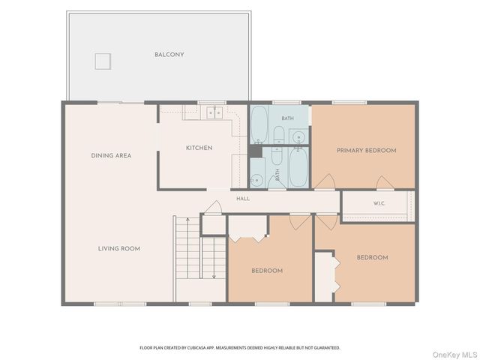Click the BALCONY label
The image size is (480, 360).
pyautogui.click(x=169, y=55)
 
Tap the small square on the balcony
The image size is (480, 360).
pyautogui.click(x=103, y=61)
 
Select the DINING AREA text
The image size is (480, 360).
pyautogui.click(x=111, y=155)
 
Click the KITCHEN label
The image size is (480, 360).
pyautogui.click(x=199, y=148)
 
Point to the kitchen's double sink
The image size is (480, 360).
pyautogui.click(x=214, y=112)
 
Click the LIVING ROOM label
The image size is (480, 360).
pyautogui.click(x=119, y=248)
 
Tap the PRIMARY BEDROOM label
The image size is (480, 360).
pyautogui.click(x=367, y=150)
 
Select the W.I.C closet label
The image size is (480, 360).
pyautogui.click(x=379, y=203)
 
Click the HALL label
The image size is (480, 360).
pyautogui.click(x=243, y=199)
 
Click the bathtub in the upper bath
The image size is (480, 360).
pyautogui.click(x=259, y=124)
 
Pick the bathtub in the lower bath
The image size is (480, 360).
pyautogui.click(x=298, y=166)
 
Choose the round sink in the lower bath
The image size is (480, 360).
pyautogui.click(x=256, y=180)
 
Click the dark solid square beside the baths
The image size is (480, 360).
pyautogui.click(x=255, y=151)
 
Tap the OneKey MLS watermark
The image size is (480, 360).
pyautogui.click(x=455, y=355)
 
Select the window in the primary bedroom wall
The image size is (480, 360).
pyautogui.click(x=349, y=103)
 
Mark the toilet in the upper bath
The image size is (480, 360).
pyautogui.click(x=278, y=135)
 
